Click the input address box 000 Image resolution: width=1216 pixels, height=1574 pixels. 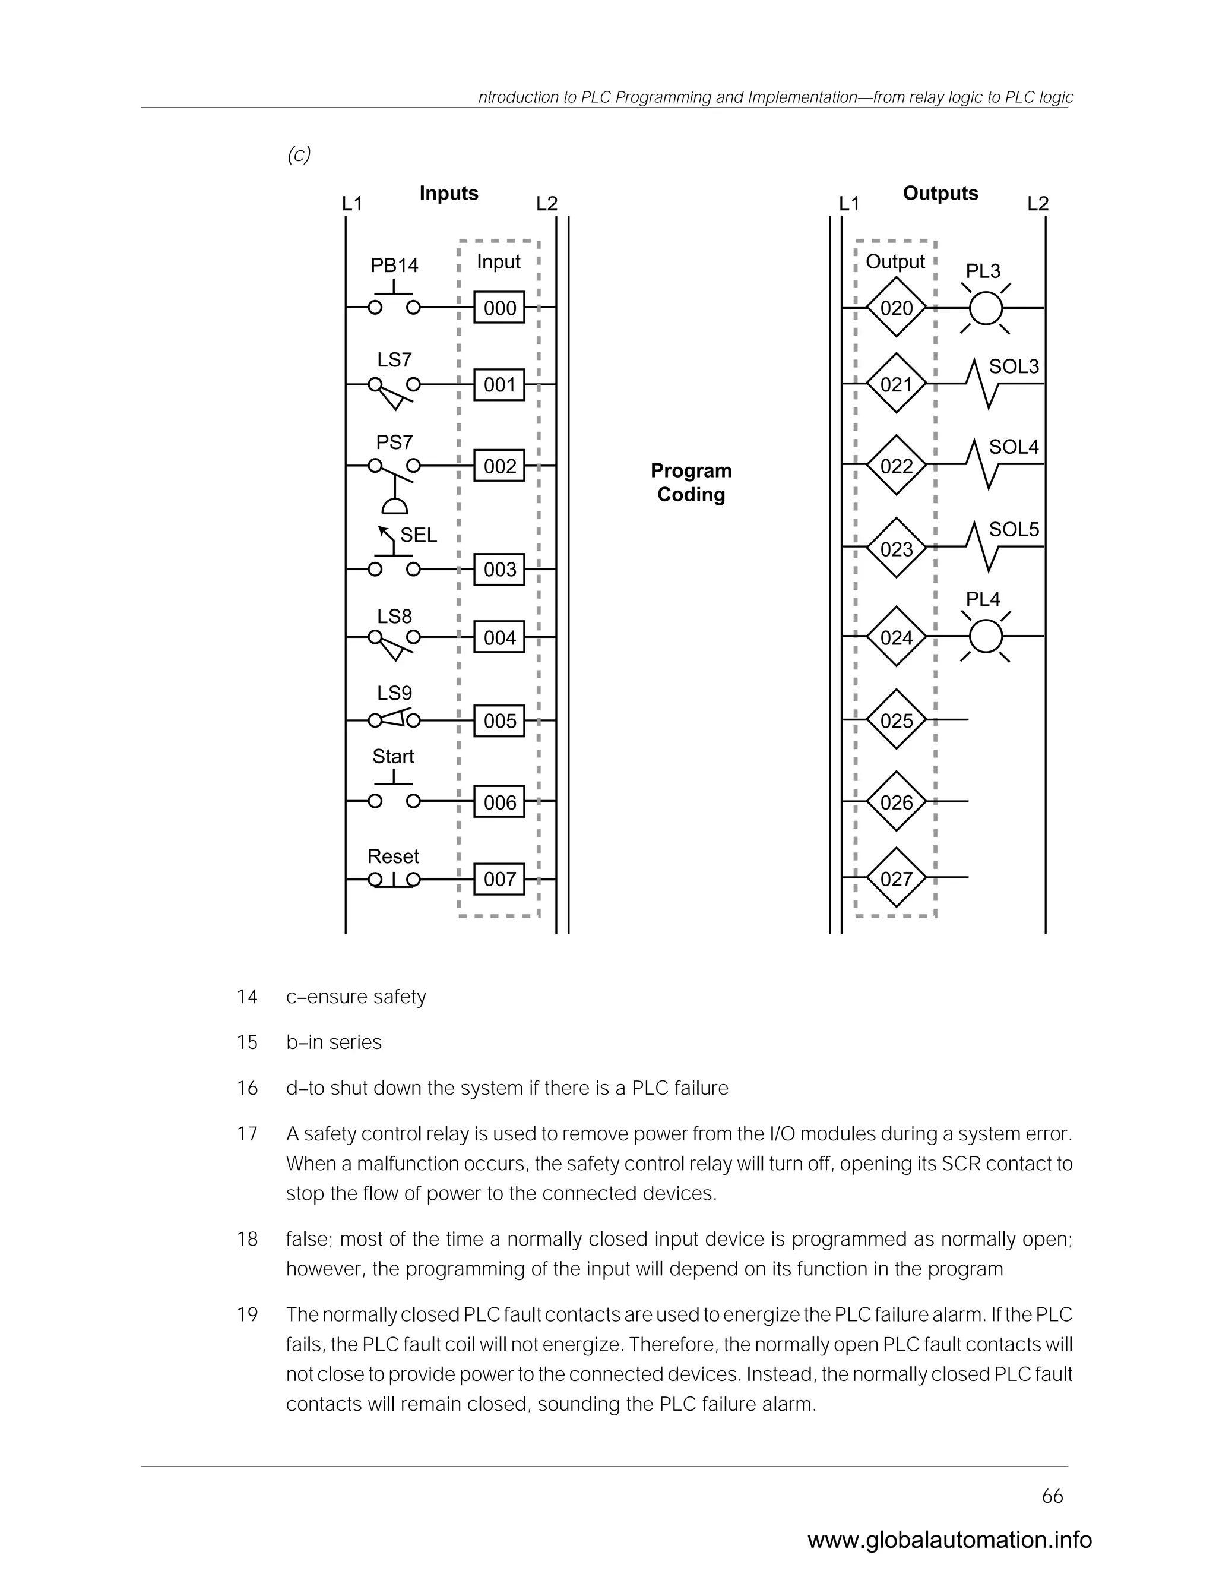[499, 308]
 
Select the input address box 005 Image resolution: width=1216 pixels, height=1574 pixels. [499, 720]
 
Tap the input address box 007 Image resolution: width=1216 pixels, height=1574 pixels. [499, 879]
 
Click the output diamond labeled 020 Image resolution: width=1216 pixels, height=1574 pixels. [896, 308]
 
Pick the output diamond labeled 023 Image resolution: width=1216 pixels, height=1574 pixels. [896, 549]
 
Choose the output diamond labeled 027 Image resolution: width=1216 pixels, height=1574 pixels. [896, 878]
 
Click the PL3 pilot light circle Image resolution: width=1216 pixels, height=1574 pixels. [986, 308]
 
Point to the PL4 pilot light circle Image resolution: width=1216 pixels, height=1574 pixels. [986, 636]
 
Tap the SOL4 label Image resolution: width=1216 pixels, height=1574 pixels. [1014, 447]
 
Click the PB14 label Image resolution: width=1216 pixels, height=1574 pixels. [394, 266]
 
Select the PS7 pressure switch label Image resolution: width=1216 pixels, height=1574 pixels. [394, 441]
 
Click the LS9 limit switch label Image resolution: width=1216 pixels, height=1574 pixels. [394, 693]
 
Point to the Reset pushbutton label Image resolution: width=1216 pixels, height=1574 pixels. [392, 856]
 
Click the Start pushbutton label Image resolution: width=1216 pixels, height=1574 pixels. [392, 756]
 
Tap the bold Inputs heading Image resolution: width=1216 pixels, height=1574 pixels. [449, 193]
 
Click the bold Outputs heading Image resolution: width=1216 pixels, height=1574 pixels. [940, 193]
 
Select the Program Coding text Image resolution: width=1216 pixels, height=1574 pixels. [691, 482]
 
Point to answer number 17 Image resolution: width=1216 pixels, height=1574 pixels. [247, 1134]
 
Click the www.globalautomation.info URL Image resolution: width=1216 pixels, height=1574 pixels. [949, 1540]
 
